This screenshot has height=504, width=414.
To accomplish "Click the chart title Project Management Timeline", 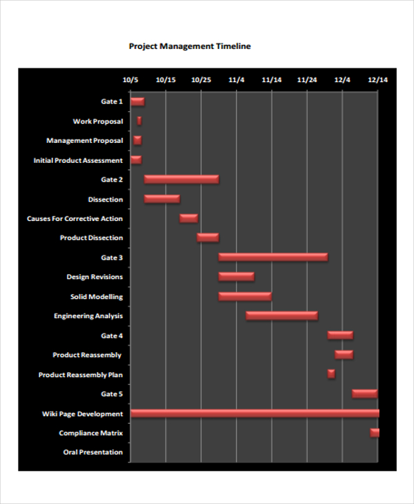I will [x=190, y=47].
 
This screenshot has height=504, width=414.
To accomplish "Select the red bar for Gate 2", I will [x=181, y=180].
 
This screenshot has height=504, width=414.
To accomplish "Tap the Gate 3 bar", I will [x=273, y=258].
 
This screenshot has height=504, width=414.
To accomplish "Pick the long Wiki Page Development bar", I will [x=255, y=414].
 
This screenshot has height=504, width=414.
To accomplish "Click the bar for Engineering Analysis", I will [x=282, y=316].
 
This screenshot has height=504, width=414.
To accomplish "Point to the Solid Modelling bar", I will [x=245, y=297].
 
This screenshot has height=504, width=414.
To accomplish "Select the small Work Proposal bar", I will [x=139, y=121].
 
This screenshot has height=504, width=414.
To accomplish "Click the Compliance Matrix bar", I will [x=375, y=433].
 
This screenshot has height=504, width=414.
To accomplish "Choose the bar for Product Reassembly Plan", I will [x=331, y=374].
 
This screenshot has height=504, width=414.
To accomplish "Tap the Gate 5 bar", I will [x=364, y=394].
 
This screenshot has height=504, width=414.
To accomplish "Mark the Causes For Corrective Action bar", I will [x=188, y=218].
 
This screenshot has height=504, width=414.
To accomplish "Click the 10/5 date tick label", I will [x=130, y=80].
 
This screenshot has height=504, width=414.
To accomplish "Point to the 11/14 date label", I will [x=271, y=80].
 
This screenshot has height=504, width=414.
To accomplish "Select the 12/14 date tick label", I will [x=377, y=80].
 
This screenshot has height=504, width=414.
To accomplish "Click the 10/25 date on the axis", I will [x=201, y=80].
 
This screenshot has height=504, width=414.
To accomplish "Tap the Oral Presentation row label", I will [x=92, y=453].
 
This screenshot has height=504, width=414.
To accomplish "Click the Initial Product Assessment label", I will [x=78, y=160].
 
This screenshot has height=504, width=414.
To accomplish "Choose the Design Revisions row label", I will [x=95, y=277].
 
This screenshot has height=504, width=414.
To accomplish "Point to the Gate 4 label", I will [x=112, y=336].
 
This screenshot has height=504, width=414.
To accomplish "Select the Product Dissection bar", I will [x=208, y=238].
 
